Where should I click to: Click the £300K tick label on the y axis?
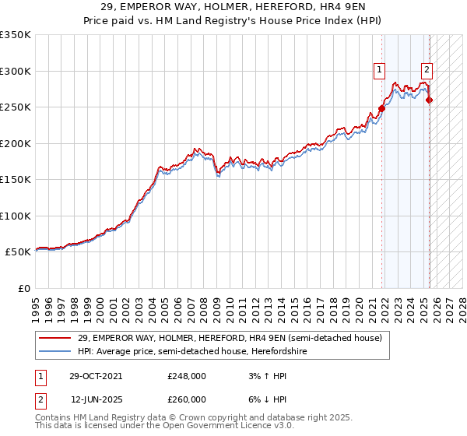[x=16, y=71]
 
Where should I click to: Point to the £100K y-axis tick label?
[x=16, y=216]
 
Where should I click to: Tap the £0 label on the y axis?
[x=23, y=288]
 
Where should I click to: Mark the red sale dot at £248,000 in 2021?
[x=382, y=109]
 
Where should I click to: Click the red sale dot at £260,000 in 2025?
[x=430, y=100]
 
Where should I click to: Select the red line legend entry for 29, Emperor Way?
[x=230, y=338]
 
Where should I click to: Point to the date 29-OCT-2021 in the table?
[x=96, y=375]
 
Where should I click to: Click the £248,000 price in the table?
[x=187, y=375]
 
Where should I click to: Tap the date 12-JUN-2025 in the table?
[x=97, y=399]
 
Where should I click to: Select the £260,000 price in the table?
[x=187, y=399]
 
